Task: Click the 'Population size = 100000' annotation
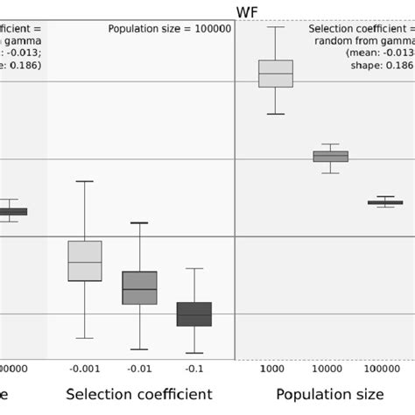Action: (x=170, y=29)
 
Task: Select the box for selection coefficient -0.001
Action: (x=85, y=261)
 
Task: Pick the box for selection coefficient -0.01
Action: (x=139, y=288)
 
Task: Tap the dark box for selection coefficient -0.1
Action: (x=194, y=314)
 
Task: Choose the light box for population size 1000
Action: (x=276, y=74)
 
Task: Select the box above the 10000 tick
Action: (x=331, y=157)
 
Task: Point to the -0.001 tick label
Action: (x=85, y=369)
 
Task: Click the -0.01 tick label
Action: (x=139, y=369)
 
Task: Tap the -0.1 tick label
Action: (x=194, y=369)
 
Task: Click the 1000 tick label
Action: (x=276, y=369)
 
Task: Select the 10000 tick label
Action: (x=331, y=369)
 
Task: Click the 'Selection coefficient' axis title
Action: (x=139, y=394)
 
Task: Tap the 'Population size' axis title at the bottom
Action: (x=329, y=394)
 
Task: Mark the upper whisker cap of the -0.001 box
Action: (x=85, y=181)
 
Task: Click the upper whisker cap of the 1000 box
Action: (x=276, y=27)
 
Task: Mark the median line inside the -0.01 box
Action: (x=139, y=289)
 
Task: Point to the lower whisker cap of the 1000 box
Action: (x=276, y=114)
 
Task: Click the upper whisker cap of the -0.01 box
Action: (x=139, y=222)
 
